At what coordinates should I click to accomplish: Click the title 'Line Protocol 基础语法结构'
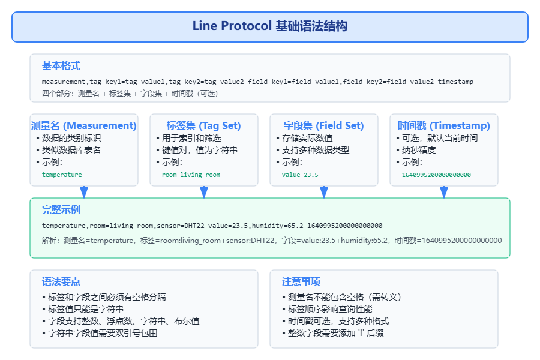click(269, 26)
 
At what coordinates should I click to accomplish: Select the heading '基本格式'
click(61, 65)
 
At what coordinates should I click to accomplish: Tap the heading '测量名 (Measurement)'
click(84, 125)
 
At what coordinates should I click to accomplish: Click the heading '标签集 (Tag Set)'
click(204, 125)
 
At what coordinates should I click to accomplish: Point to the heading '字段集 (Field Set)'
click(324, 125)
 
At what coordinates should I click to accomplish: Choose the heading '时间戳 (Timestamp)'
click(444, 125)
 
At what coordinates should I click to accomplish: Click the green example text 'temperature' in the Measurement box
click(62, 175)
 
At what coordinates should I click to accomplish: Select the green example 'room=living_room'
click(191, 175)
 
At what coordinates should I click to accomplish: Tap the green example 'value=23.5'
click(300, 175)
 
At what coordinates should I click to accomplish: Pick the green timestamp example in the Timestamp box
click(436, 175)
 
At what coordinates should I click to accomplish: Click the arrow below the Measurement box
click(84, 192)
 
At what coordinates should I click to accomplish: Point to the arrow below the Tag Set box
click(204, 192)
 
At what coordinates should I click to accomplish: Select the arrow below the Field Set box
click(324, 192)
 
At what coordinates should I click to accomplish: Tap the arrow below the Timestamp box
click(444, 192)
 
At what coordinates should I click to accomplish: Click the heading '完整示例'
click(61, 210)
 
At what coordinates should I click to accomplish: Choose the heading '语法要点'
click(61, 281)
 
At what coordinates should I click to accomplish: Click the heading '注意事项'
click(301, 281)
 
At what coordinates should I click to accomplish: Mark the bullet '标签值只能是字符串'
click(86, 309)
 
